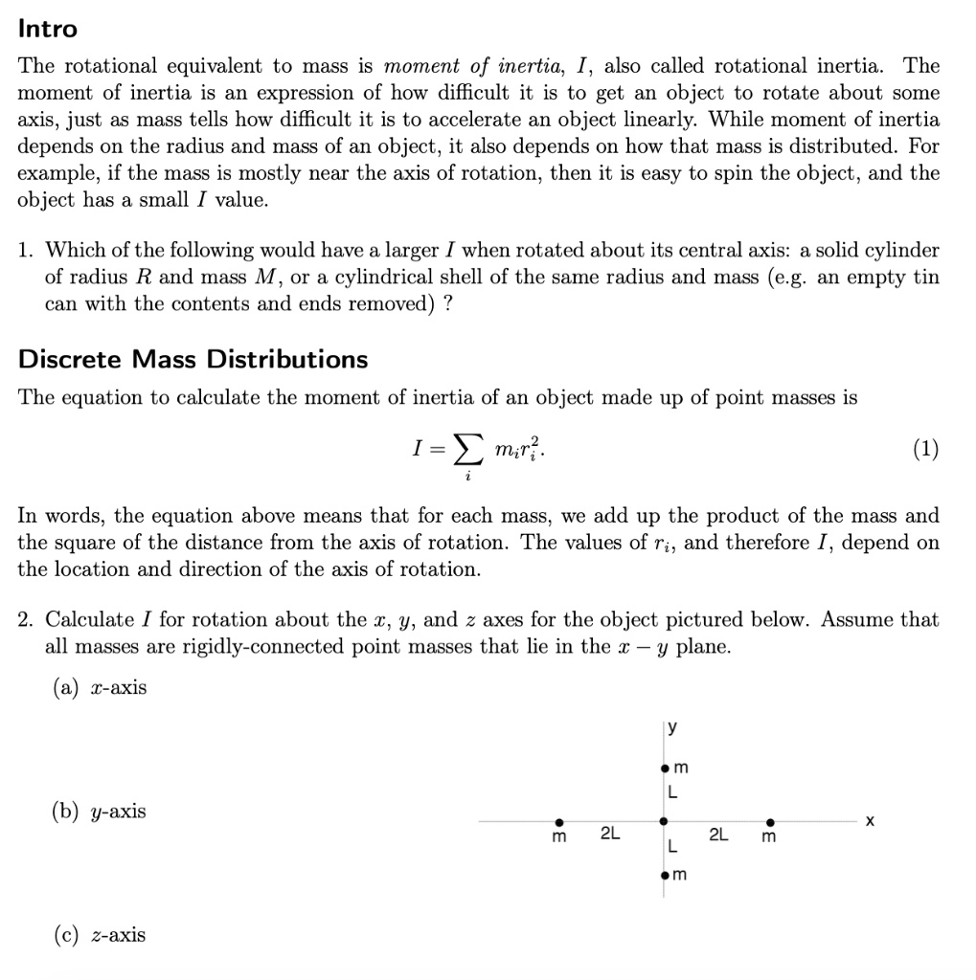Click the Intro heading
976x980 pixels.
[48, 29]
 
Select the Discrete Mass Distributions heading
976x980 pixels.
[193, 360]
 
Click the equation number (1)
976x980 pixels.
[925, 449]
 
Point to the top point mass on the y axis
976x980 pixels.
[664, 768]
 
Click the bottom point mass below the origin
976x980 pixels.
[664, 875]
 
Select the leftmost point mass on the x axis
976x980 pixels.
[560, 821]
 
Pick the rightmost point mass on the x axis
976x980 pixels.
[770, 821]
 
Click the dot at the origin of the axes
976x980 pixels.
[664, 821]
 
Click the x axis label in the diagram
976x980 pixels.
[870, 821]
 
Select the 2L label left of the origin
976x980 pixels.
[610, 835]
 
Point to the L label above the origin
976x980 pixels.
[673, 793]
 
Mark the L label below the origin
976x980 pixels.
[673, 848]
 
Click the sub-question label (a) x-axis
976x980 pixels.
[100, 688]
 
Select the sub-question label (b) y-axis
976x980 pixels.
[100, 812]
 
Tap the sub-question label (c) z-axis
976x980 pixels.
[100, 935]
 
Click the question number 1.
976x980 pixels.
[27, 251]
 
